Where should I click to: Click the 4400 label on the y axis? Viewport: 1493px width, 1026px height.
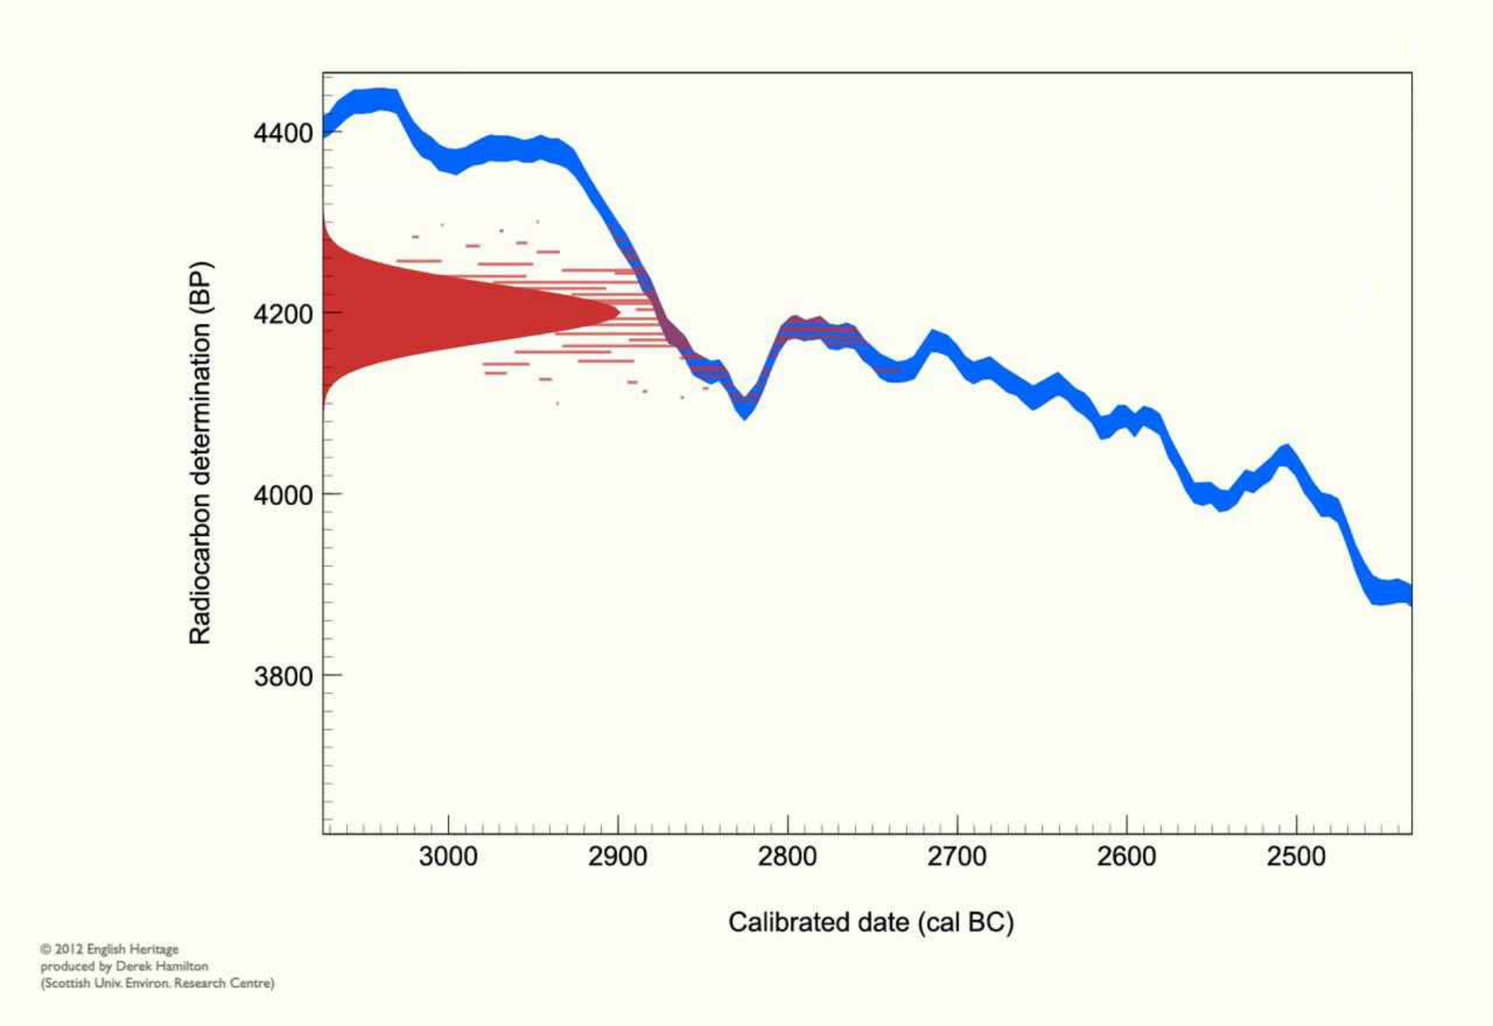click(x=283, y=134)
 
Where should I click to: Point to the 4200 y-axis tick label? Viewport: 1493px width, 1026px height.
click(x=283, y=314)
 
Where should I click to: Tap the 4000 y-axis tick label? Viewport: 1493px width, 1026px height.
click(x=283, y=495)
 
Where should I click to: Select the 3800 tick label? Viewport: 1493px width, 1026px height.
click(x=283, y=677)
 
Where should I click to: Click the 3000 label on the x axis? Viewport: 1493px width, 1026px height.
click(x=448, y=856)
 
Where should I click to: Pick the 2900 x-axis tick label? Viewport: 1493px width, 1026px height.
click(x=617, y=856)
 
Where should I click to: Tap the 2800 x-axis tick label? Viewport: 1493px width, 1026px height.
click(x=787, y=856)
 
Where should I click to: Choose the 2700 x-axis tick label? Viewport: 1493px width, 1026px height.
click(x=956, y=856)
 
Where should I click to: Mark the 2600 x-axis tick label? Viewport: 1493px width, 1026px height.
click(x=1126, y=856)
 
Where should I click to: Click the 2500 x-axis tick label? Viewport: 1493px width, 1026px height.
click(x=1296, y=856)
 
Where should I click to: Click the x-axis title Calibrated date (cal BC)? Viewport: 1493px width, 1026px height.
click(x=870, y=923)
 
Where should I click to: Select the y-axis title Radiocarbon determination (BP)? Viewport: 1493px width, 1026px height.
click(x=201, y=452)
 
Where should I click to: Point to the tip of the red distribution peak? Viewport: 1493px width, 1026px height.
click(x=618, y=312)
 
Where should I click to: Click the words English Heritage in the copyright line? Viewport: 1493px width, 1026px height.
click(x=133, y=949)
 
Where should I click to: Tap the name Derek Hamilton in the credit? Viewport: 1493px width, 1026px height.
click(x=161, y=966)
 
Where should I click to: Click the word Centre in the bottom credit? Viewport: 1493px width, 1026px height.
click(x=252, y=983)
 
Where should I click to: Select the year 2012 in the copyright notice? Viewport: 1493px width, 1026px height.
click(x=69, y=949)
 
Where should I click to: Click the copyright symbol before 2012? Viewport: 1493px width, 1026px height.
click(x=46, y=949)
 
